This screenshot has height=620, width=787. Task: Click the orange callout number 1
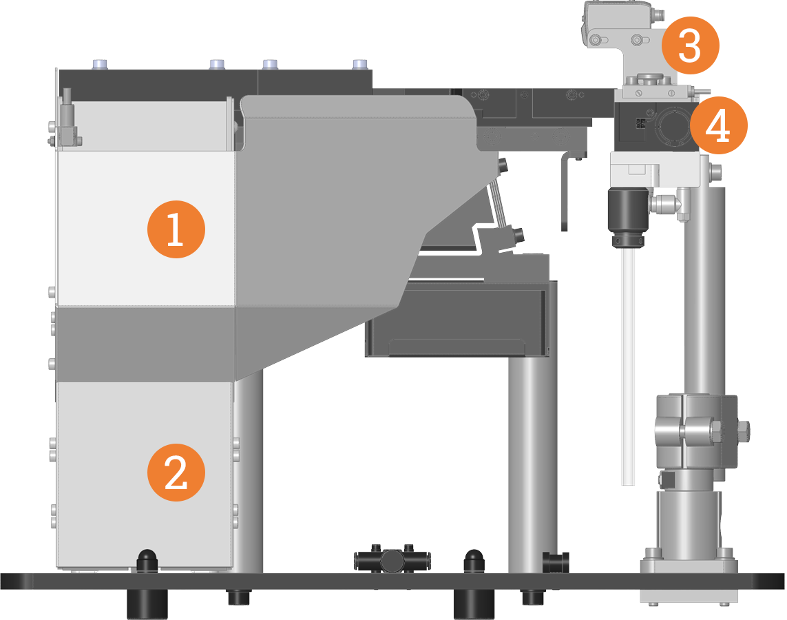click(x=176, y=229)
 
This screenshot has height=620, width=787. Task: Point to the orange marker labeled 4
click(x=719, y=126)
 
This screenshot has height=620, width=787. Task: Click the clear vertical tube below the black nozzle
click(x=627, y=365)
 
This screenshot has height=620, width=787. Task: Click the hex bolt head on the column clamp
click(x=744, y=432)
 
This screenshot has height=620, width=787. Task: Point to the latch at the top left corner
click(x=67, y=121)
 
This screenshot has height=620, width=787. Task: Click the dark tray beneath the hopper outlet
click(x=458, y=320)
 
